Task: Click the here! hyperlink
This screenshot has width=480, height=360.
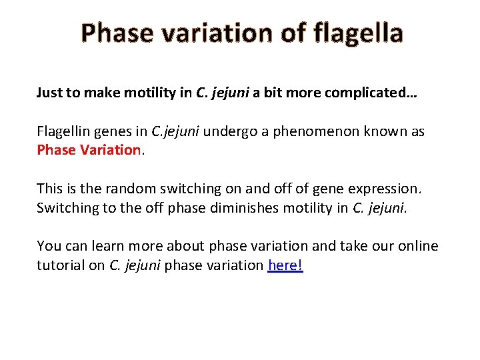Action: pyautogui.click(x=285, y=265)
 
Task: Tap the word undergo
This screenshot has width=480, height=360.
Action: pyautogui.click(x=228, y=131)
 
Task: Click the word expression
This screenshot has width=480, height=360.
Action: pyautogui.click(x=383, y=189)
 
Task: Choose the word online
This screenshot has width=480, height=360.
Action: pyautogui.click(x=416, y=246)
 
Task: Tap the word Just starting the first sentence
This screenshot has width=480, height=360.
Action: pyautogui.click(x=50, y=93)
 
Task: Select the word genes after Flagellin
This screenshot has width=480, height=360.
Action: pyautogui.click(x=115, y=131)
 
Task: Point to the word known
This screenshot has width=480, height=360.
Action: pyautogui.click(x=389, y=131)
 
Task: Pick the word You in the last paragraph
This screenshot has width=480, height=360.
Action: pyautogui.click(x=48, y=246)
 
